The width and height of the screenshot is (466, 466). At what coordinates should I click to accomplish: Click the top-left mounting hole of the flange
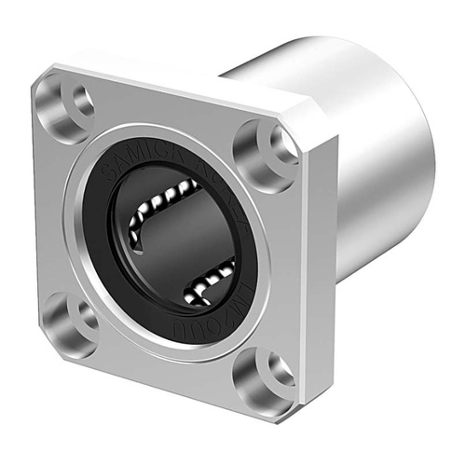point(74,101)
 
